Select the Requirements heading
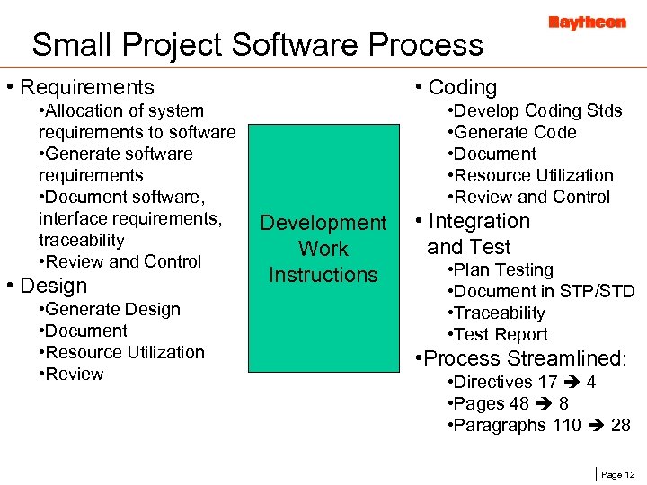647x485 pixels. pyautogui.click(x=86, y=87)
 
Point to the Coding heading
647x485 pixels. pyautogui.click(x=462, y=87)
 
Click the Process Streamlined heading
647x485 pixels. pyautogui.click(x=524, y=358)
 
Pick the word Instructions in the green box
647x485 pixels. pyautogui.click(x=323, y=275)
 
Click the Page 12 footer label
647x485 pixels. pyautogui.click(x=616, y=474)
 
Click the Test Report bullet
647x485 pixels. pyautogui.click(x=501, y=334)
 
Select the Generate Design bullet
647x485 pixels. pyautogui.click(x=111, y=309)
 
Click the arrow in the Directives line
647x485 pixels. pyautogui.click(x=572, y=383)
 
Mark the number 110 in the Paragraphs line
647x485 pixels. pyautogui.click(x=565, y=425)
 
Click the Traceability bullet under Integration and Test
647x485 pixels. pyautogui.click(x=500, y=313)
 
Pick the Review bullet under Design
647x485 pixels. pyautogui.click(x=75, y=374)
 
